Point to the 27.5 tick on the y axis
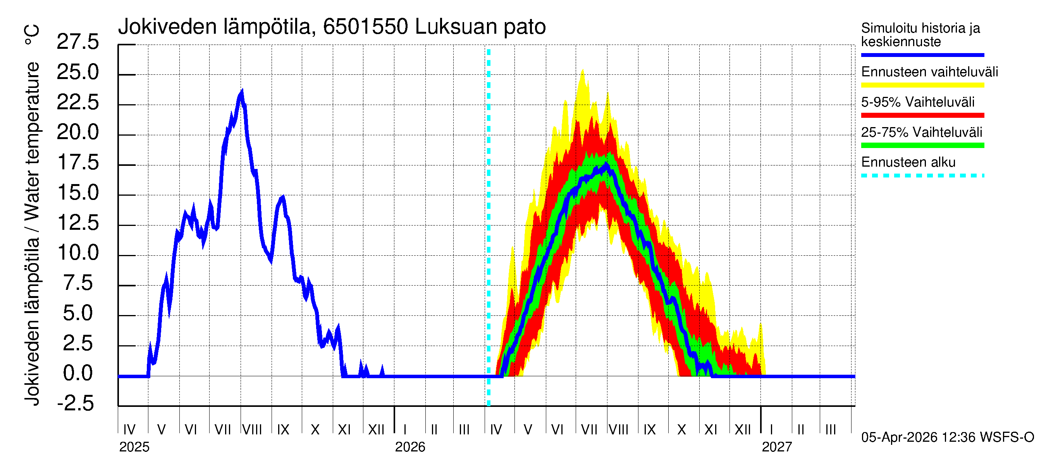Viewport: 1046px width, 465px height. (x=77, y=42)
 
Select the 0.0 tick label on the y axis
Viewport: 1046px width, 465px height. (x=77, y=373)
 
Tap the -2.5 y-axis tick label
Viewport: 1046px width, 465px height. (x=76, y=403)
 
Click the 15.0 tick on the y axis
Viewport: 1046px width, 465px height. (x=77, y=193)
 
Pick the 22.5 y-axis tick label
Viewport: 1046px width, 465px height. (x=77, y=102)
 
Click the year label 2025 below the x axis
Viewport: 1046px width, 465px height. (x=134, y=447)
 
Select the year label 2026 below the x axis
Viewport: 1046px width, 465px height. (x=410, y=447)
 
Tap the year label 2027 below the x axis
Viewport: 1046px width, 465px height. (x=776, y=447)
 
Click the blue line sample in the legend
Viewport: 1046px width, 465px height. (x=922, y=55)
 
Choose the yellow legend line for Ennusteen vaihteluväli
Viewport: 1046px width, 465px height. (x=922, y=85)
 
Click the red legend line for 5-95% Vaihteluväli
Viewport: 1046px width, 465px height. (x=922, y=115)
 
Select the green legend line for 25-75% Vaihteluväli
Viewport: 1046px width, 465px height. (x=922, y=145)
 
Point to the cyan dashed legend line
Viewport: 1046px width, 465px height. (x=922, y=176)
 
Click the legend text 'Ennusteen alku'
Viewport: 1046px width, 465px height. (x=908, y=162)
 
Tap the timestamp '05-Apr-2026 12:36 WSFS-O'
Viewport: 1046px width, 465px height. (x=947, y=437)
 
